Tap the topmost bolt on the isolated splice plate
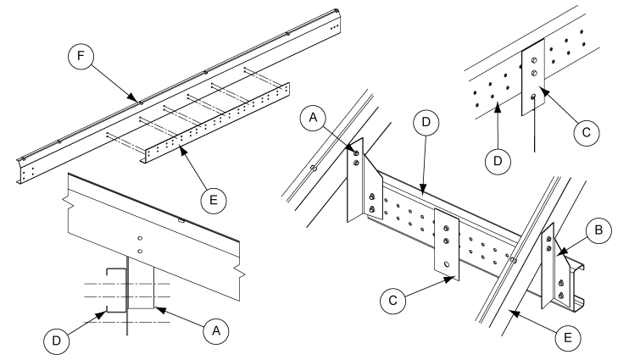pyautogui.click(x=532, y=59)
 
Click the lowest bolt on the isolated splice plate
pyautogui.click(x=532, y=98)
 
